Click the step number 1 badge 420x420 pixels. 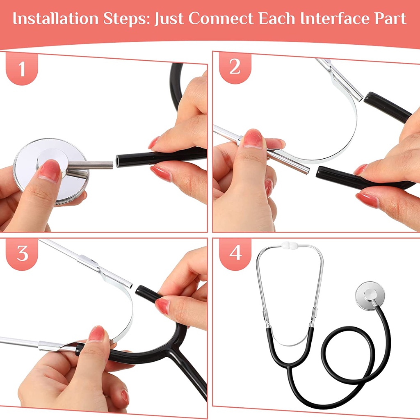point(22,69)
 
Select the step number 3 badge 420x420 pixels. point(22,253)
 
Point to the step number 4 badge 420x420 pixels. point(235,253)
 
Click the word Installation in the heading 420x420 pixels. point(56,18)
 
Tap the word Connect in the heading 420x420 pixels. point(221,18)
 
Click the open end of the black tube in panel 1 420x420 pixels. point(118,160)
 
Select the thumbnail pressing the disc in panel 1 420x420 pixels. point(50,170)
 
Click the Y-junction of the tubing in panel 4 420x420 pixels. point(289,365)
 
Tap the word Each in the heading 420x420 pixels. point(277,18)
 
